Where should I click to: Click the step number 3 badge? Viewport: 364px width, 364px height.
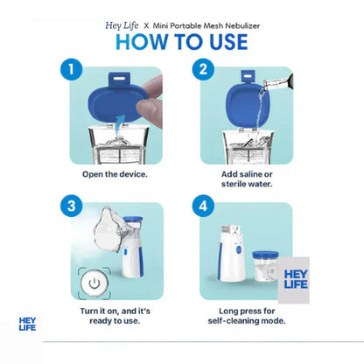pos(73,206)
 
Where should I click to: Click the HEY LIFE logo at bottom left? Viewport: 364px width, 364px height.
pos(28,325)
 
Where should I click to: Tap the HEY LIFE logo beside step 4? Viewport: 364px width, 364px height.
pos(297,277)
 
